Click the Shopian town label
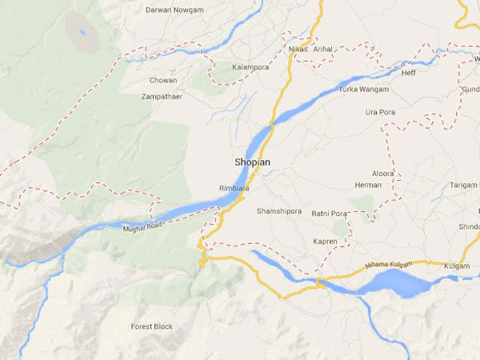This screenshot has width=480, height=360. [252, 162]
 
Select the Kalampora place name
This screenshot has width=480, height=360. [251, 68]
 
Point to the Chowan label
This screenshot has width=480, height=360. [163, 80]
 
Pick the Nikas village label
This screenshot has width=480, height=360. [298, 50]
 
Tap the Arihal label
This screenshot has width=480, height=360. [324, 50]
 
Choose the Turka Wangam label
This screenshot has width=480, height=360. [363, 89]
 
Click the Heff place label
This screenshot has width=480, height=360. [409, 73]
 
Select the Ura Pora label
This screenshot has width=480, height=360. [380, 112]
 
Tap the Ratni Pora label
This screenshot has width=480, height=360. [329, 214]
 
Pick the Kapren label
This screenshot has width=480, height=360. [324, 241]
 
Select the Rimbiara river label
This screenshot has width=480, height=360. [234, 189]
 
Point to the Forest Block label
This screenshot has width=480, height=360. [151, 326]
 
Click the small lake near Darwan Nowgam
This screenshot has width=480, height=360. [82, 33]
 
